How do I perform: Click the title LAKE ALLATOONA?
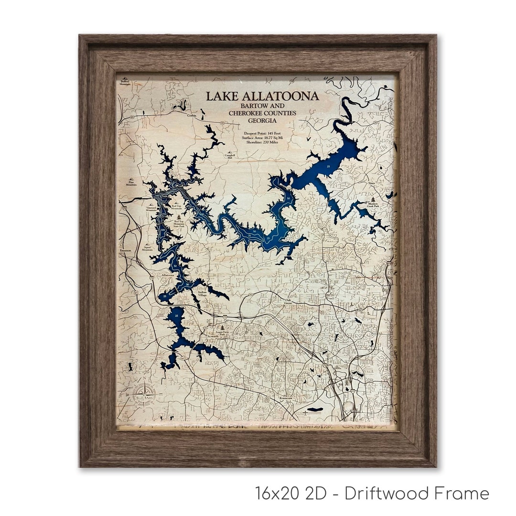(262, 96)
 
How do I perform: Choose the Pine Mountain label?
(131, 183)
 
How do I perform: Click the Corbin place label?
(192, 116)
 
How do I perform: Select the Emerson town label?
(126, 250)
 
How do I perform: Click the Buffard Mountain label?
(125, 83)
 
